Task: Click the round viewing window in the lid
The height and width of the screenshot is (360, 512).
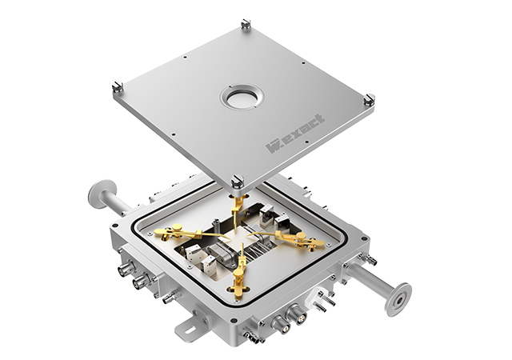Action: coord(242,98)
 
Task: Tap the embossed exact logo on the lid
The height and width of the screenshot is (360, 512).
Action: coord(296,133)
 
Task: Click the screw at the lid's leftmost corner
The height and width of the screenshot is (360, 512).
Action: coord(118,86)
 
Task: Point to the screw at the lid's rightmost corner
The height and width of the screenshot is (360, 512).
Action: coord(370,98)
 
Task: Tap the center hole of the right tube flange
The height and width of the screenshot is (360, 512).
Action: coord(400,300)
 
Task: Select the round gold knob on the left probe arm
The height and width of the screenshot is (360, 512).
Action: coord(177,227)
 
